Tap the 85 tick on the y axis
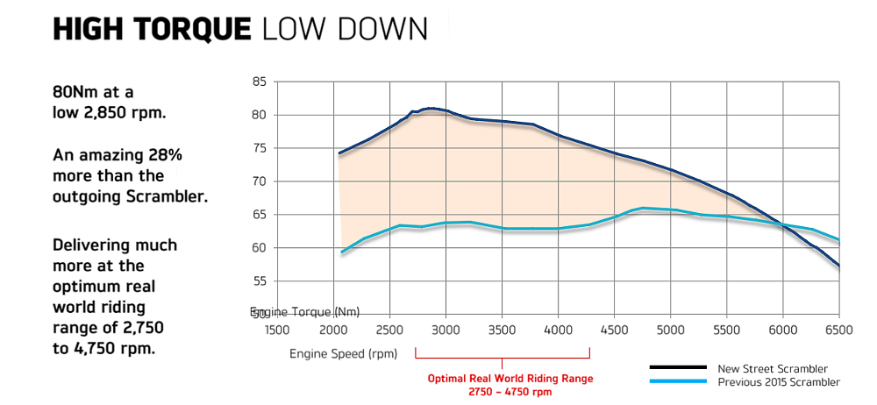pyautogui.click(x=259, y=82)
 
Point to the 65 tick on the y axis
pyautogui.click(x=259, y=215)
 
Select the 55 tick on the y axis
pyautogui.click(x=259, y=281)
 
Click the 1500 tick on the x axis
pyautogui.click(x=277, y=330)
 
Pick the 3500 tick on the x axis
pyautogui.click(x=502, y=330)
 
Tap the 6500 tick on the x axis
pyautogui.click(x=839, y=330)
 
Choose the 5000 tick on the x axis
pyautogui.click(x=670, y=330)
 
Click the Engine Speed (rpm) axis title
pyautogui.click(x=343, y=354)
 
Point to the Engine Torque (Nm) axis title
pyautogui.click(x=305, y=312)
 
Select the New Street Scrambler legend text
pyautogui.click(x=773, y=368)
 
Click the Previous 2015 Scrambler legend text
pyautogui.click(x=778, y=382)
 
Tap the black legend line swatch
pyautogui.click(x=678, y=368)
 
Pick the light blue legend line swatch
pyautogui.click(x=678, y=381)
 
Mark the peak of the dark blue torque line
pyautogui.click(x=431, y=108)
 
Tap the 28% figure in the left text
pyautogui.click(x=164, y=155)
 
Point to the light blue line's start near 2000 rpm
pyautogui.click(x=341, y=252)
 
